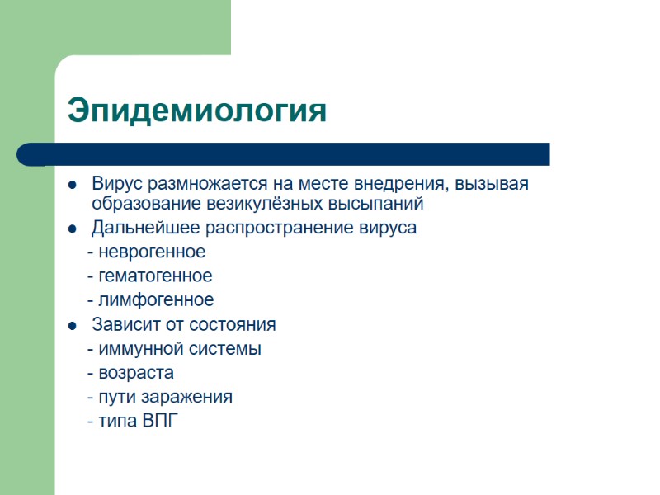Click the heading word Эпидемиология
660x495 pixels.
[x=197, y=111]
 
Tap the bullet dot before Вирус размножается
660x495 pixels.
[x=73, y=184]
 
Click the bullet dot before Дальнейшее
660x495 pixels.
[x=73, y=229]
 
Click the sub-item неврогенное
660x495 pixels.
[x=150, y=252]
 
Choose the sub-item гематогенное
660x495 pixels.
[x=154, y=276]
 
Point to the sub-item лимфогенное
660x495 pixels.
[x=155, y=299]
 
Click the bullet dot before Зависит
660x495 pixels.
[x=73, y=325]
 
